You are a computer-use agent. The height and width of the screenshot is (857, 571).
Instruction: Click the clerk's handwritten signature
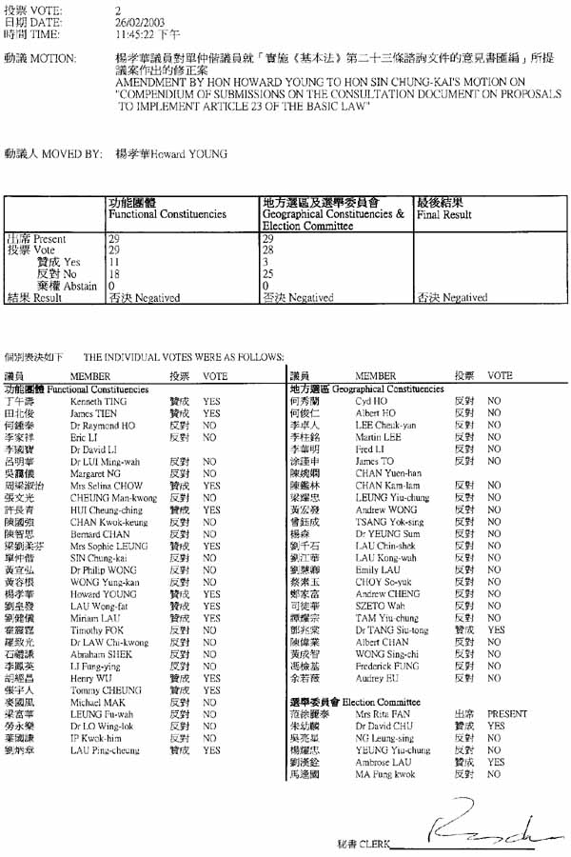(x=481, y=827)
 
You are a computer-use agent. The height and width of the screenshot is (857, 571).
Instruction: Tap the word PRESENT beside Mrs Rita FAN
(x=506, y=713)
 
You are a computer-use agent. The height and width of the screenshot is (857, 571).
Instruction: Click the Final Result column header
(x=443, y=215)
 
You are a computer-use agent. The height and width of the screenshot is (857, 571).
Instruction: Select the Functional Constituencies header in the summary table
(x=167, y=215)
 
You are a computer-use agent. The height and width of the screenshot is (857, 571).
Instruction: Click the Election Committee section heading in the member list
(x=380, y=701)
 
